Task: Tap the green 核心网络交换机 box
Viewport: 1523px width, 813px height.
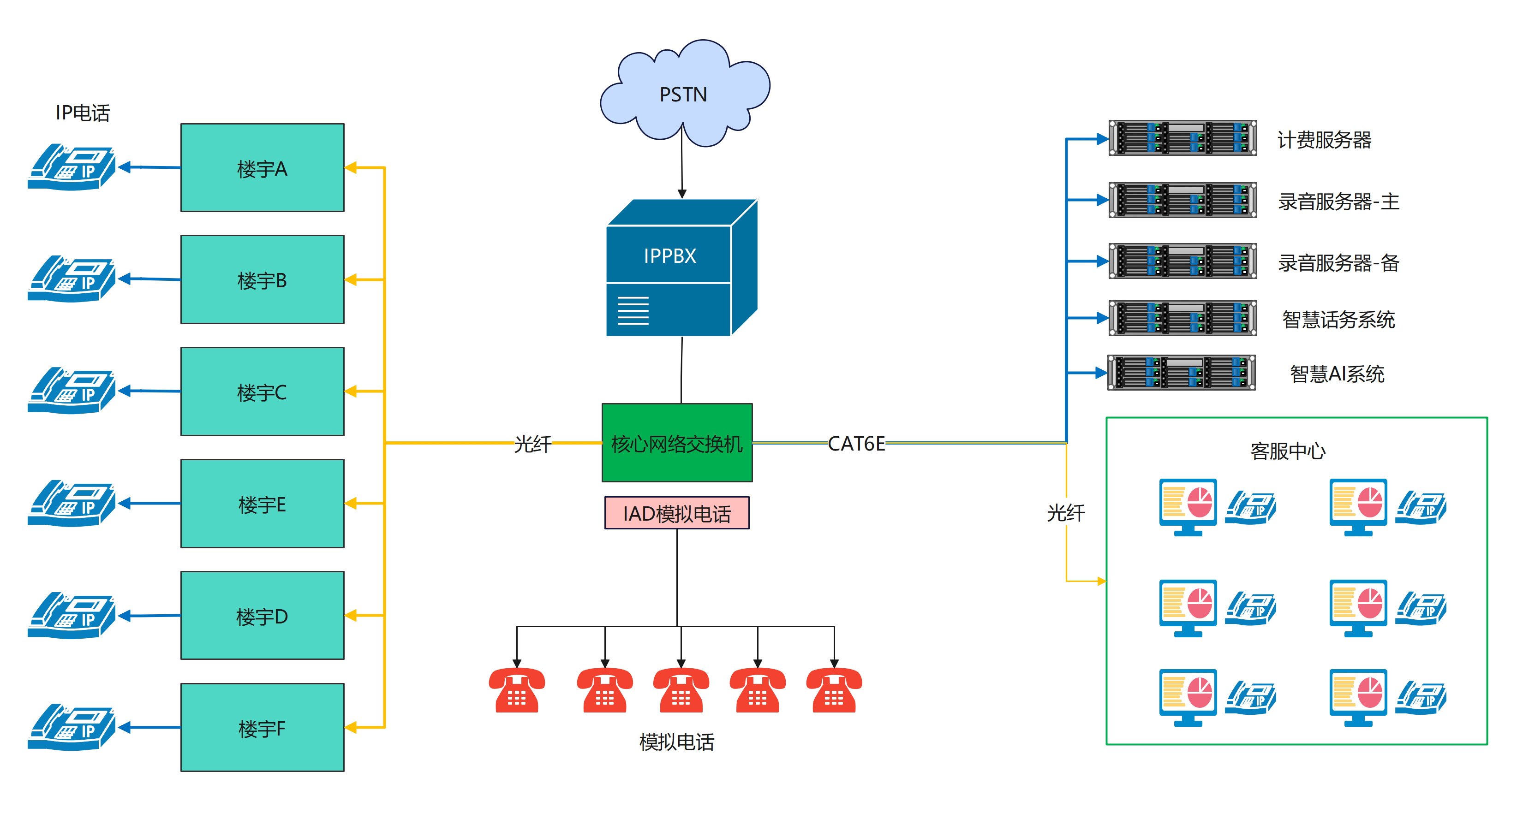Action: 677,443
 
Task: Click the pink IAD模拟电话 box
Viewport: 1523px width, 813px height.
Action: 677,513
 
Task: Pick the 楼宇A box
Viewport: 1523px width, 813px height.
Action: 262,168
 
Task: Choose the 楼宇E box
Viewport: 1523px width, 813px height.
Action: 262,504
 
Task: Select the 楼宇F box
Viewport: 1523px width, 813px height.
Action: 262,727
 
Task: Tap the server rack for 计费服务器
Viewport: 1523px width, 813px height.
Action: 1183,138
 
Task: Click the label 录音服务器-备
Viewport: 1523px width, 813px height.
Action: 1338,262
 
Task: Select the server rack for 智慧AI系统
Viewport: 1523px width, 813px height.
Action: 1181,373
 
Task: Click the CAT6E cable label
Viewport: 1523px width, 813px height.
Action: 856,443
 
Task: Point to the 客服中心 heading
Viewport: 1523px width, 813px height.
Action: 1288,451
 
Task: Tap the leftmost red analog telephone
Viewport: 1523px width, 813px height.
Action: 517,689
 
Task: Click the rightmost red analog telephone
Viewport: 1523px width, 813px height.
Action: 834,689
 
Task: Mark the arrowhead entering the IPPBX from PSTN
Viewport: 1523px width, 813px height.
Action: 682,194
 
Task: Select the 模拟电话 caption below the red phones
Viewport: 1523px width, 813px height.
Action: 677,742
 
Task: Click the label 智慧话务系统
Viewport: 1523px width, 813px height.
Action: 1338,320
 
